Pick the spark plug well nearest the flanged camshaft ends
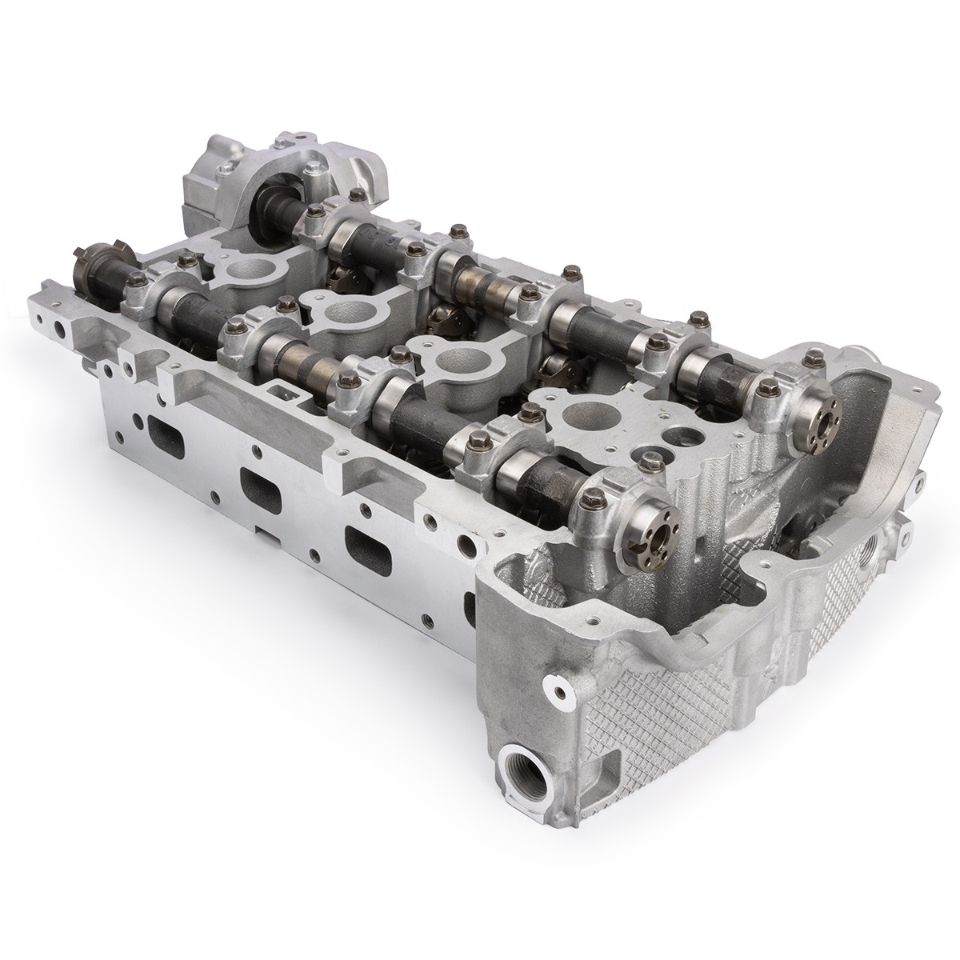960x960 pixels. pyautogui.click(x=579, y=416)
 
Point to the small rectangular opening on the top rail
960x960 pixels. pyautogui.click(x=281, y=392)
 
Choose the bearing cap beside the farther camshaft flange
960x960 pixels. pyautogui.click(x=772, y=400)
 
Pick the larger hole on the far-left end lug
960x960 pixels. pyautogui.click(x=59, y=329)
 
